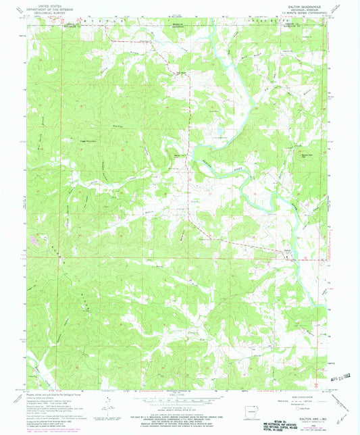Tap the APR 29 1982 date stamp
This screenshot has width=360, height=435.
coord(344,378)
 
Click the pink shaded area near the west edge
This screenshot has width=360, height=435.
coord(32,237)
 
